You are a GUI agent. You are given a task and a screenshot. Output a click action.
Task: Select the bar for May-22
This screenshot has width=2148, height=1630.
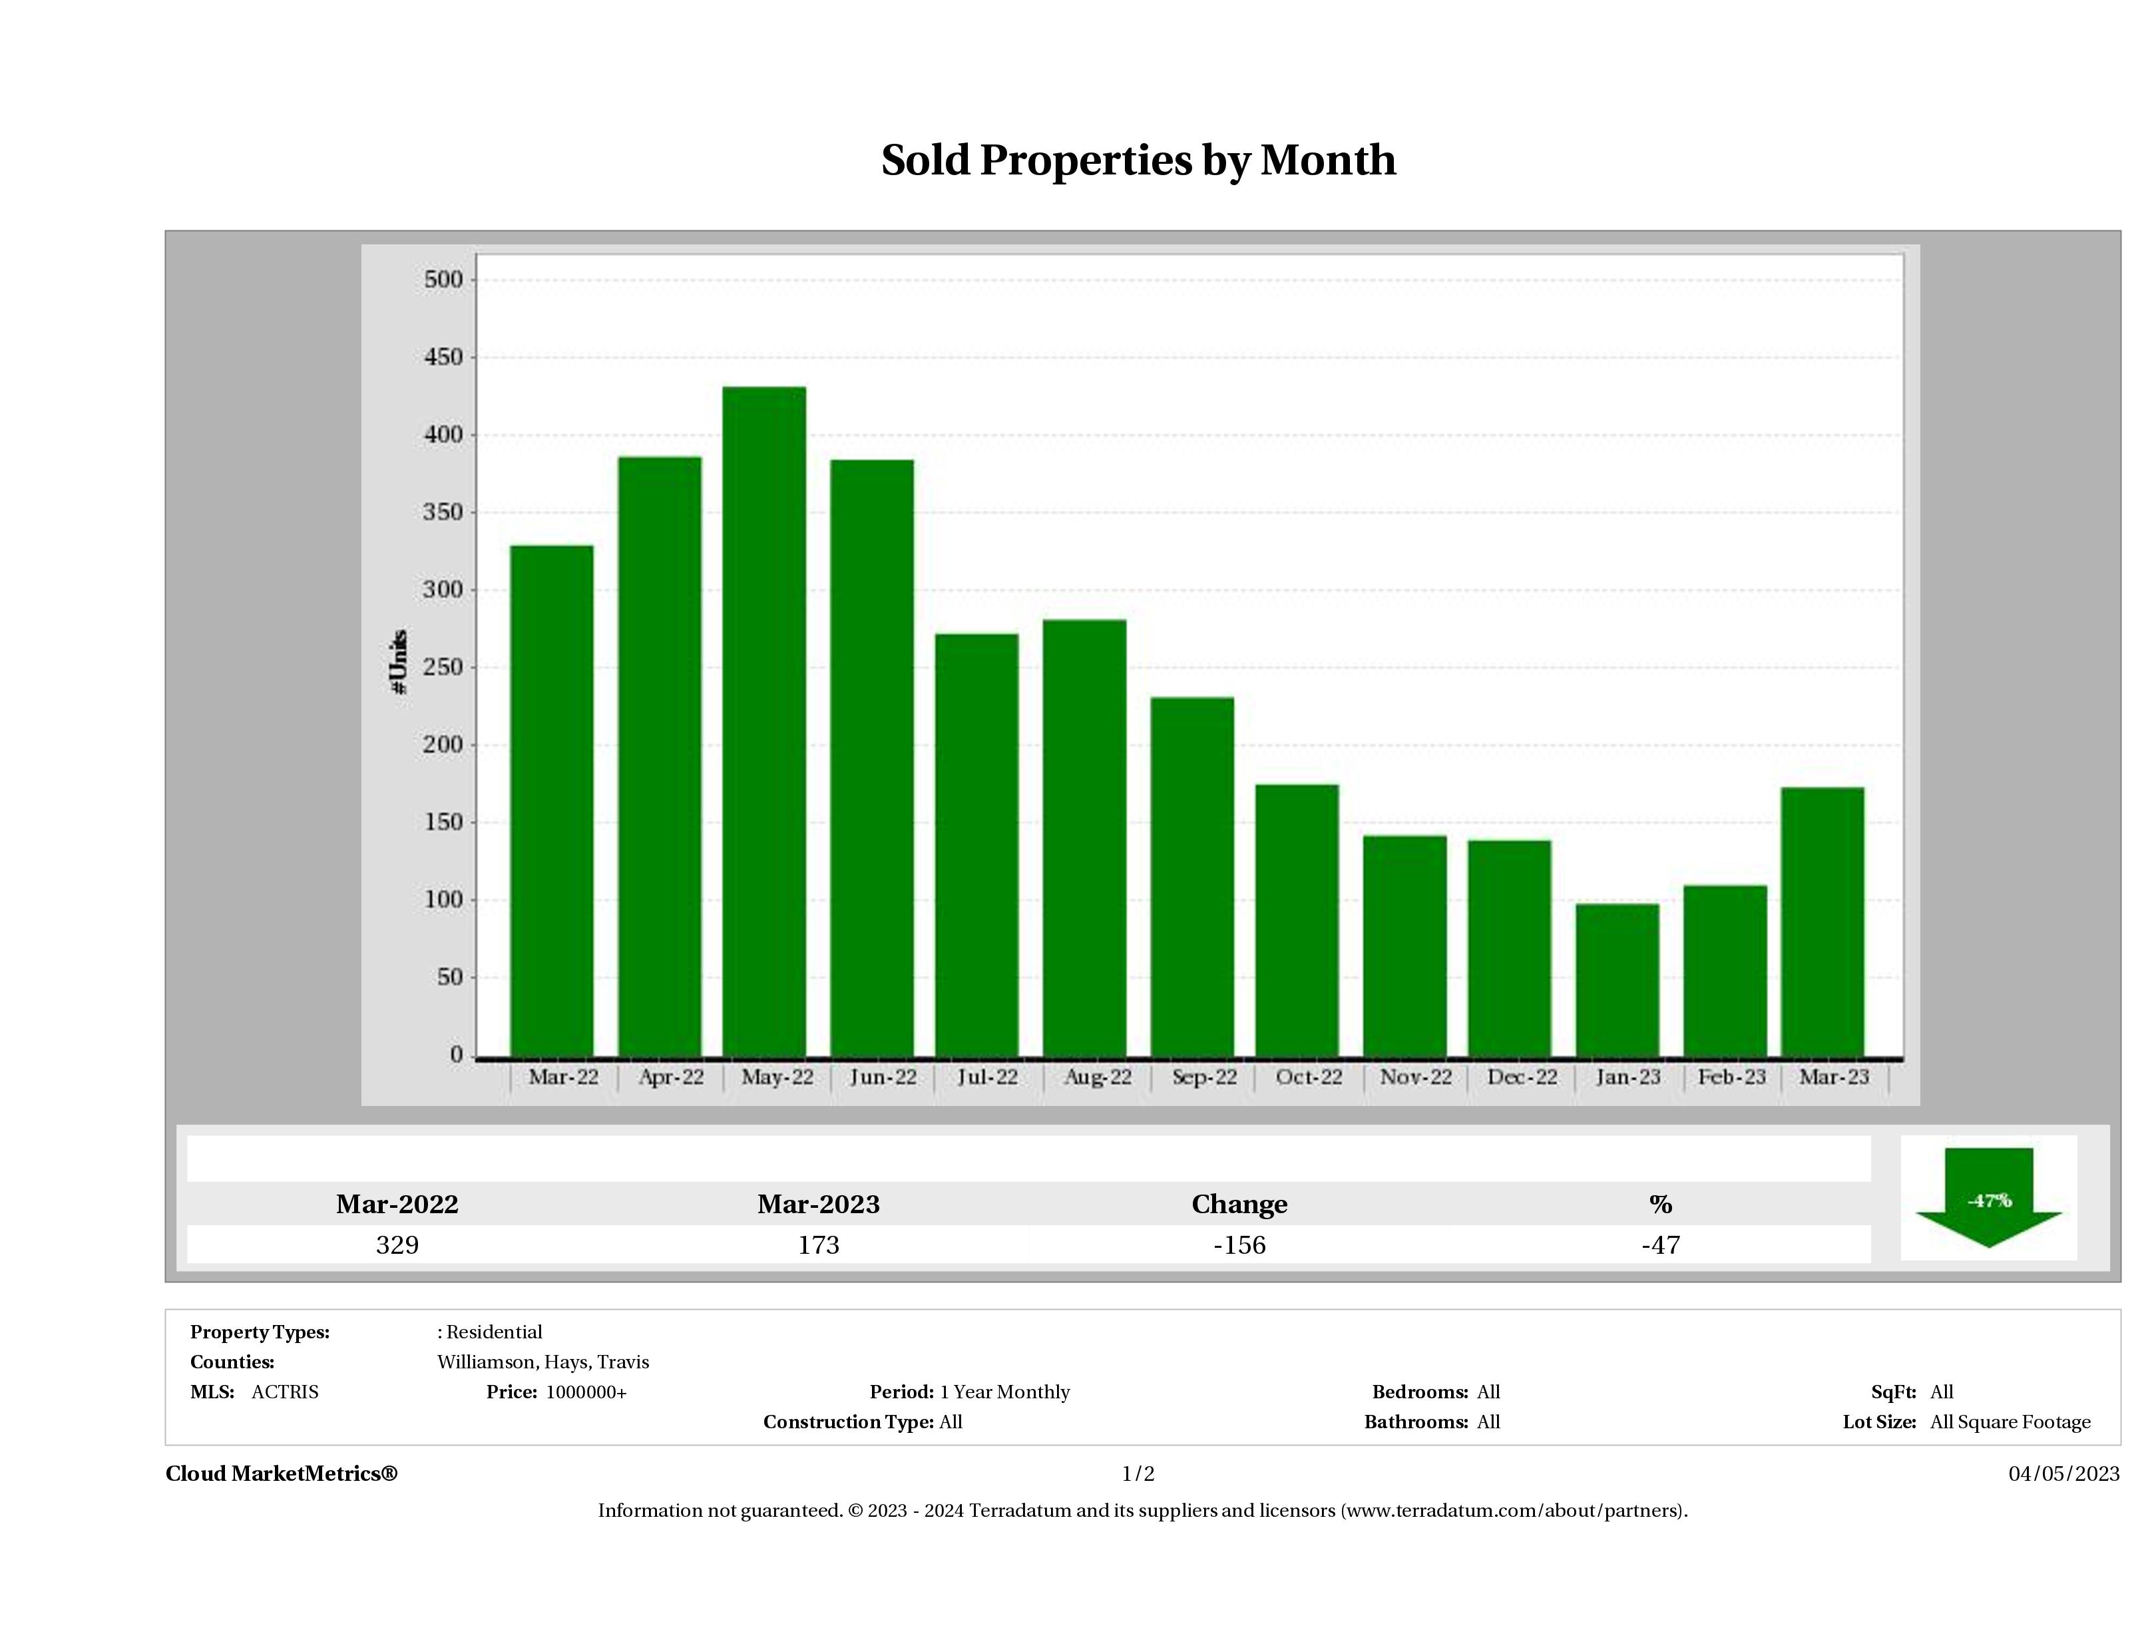click(x=764, y=720)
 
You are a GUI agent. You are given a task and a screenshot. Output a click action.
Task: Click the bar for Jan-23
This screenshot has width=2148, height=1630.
click(x=1617, y=979)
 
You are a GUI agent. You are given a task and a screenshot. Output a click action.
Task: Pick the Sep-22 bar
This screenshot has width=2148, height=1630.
click(x=1192, y=876)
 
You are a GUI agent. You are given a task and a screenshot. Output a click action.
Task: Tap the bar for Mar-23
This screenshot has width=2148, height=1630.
click(x=1823, y=921)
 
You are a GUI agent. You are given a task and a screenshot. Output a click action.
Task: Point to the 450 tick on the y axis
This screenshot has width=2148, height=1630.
click(x=444, y=358)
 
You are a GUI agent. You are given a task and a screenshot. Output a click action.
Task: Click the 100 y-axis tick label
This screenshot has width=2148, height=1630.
click(x=444, y=900)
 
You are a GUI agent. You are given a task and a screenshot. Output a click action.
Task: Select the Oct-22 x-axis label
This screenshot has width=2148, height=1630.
click(x=1309, y=1077)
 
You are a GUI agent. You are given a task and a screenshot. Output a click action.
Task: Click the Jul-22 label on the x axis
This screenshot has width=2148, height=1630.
click(x=988, y=1077)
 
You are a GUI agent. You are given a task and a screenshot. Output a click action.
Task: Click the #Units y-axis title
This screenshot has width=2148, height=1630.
click(x=398, y=661)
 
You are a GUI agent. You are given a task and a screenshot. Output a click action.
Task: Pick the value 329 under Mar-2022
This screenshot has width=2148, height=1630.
click(x=397, y=1245)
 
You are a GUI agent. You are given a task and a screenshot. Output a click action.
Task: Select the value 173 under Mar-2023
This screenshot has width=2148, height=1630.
click(x=819, y=1245)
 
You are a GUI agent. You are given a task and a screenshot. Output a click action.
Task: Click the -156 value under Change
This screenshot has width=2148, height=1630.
click(x=1239, y=1245)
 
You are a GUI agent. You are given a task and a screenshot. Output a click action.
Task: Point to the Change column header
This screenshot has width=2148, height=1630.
click(x=1239, y=1205)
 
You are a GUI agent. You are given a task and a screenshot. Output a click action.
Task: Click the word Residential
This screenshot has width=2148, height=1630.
click(x=495, y=1332)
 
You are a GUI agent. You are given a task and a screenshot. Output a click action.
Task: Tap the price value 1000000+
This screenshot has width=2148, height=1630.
click(x=586, y=1392)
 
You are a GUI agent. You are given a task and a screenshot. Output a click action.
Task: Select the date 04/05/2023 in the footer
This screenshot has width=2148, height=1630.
click(x=2063, y=1474)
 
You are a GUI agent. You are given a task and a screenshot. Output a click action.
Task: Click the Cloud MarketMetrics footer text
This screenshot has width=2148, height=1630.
click(x=282, y=1474)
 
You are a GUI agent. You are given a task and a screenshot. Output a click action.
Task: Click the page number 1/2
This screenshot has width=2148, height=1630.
click(x=1138, y=1474)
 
